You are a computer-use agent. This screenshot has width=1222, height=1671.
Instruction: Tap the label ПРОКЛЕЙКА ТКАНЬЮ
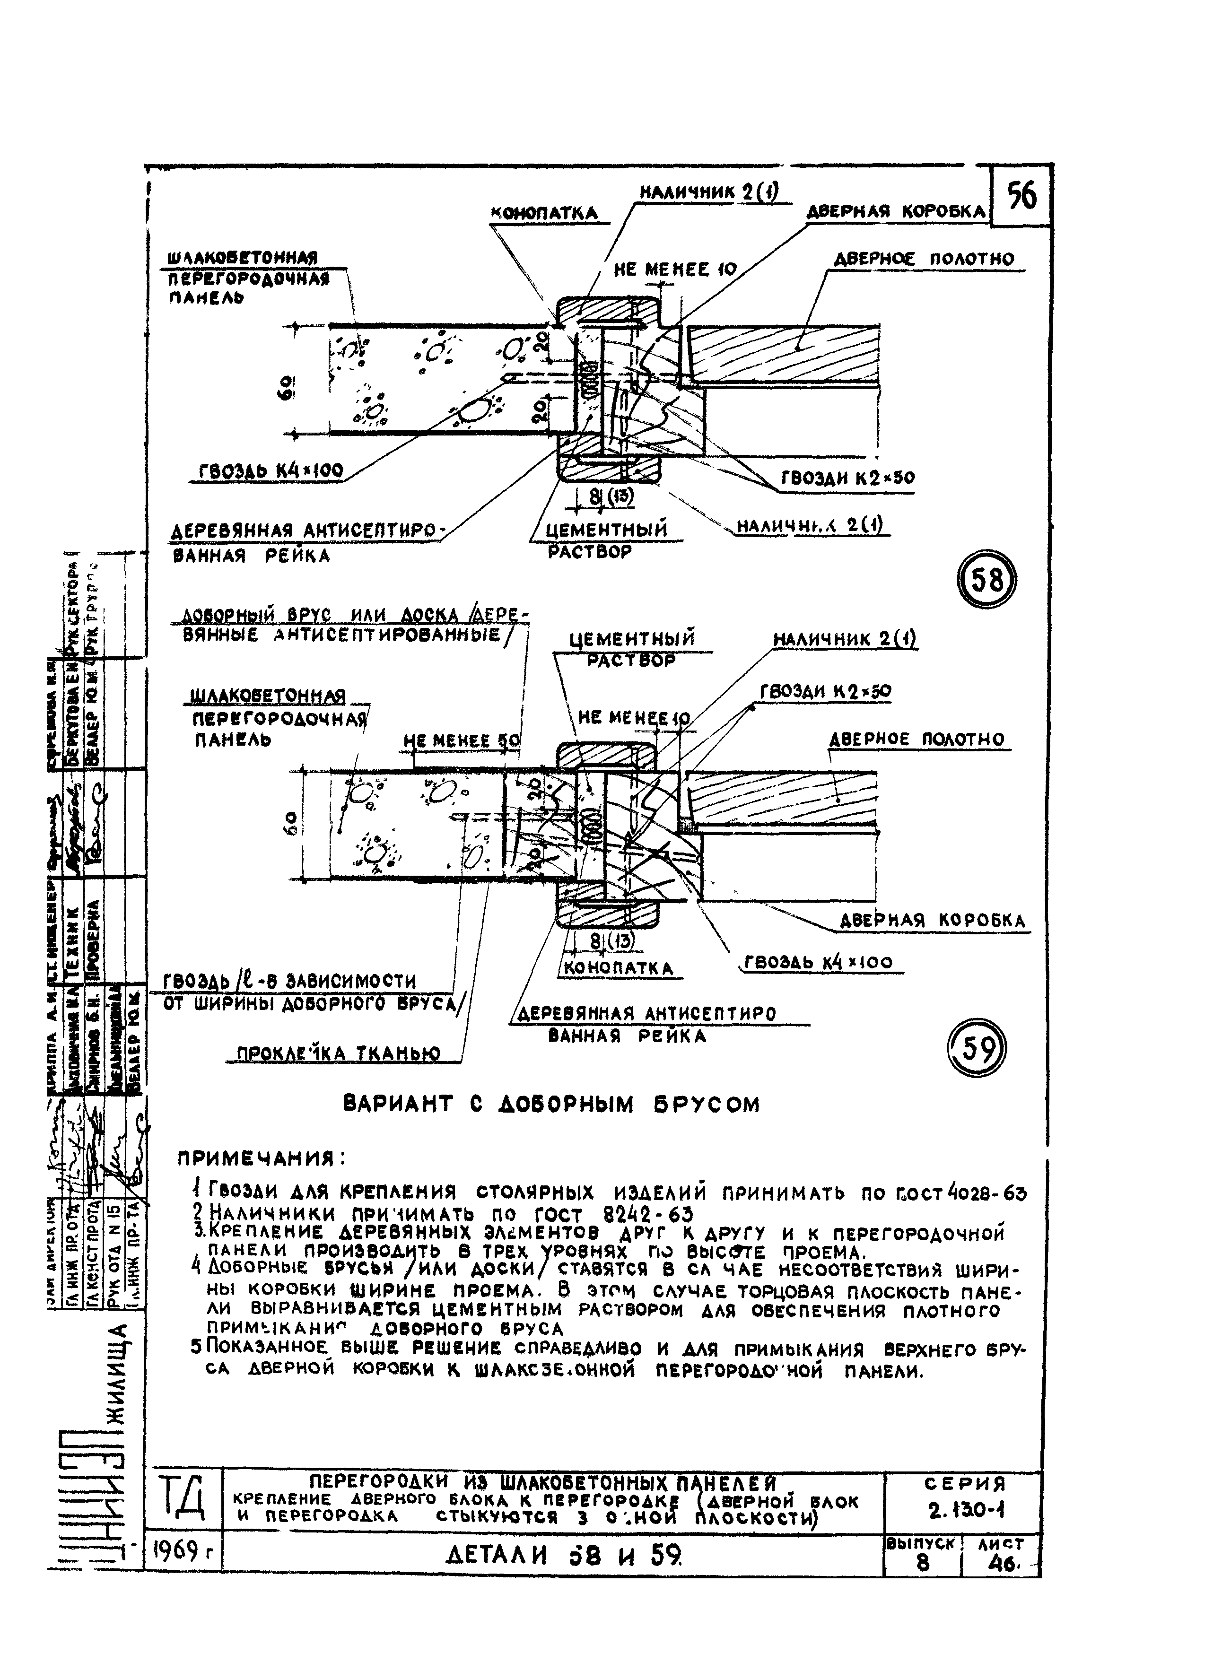pyautogui.click(x=339, y=1053)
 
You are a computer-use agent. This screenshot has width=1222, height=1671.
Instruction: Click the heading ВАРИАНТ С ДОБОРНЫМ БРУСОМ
pyautogui.click(x=552, y=1105)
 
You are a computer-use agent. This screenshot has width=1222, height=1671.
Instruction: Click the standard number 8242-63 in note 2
pyautogui.click(x=639, y=1214)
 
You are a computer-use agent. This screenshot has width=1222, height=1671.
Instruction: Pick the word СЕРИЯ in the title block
pyautogui.click(x=965, y=1484)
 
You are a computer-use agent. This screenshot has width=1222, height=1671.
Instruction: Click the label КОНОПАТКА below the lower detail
pyautogui.click(x=619, y=968)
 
